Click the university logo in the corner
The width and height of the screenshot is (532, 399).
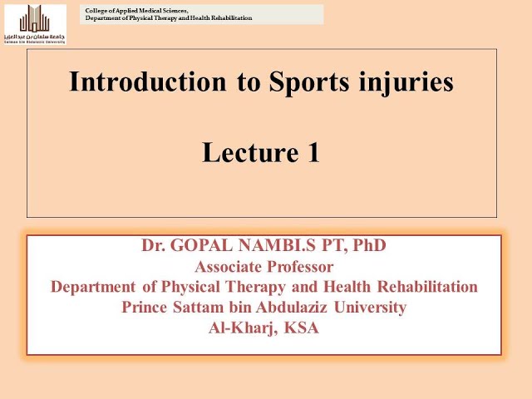[x=36, y=22]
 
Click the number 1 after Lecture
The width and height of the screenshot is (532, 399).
[x=313, y=153]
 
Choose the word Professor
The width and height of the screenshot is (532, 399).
[x=300, y=267]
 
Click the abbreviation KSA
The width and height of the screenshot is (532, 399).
[x=303, y=328]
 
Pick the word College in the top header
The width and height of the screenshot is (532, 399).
[x=96, y=9]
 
